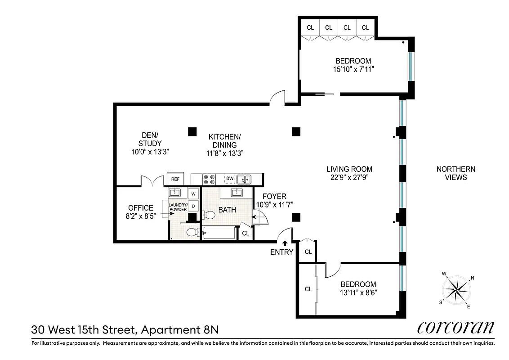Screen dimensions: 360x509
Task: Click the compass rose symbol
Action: click(458, 291)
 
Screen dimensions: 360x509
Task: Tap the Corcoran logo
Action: click(455, 327)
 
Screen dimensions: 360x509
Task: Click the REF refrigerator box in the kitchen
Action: click(175, 179)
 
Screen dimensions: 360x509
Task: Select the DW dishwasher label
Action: click(230, 179)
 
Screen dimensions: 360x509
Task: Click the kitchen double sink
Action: click(244, 179)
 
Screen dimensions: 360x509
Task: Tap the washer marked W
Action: click(193, 193)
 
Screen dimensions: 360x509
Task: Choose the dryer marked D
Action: click(193, 206)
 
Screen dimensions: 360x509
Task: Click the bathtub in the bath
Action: click(219, 233)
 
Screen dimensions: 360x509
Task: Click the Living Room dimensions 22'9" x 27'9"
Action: click(349, 177)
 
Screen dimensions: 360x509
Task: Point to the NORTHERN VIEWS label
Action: click(455, 173)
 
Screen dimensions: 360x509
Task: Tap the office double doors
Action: click(152, 182)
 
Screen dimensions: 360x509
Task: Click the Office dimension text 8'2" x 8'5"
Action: click(140, 216)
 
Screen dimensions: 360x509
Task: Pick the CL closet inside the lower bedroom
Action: click(308, 288)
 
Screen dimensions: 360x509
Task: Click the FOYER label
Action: click(274, 197)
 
